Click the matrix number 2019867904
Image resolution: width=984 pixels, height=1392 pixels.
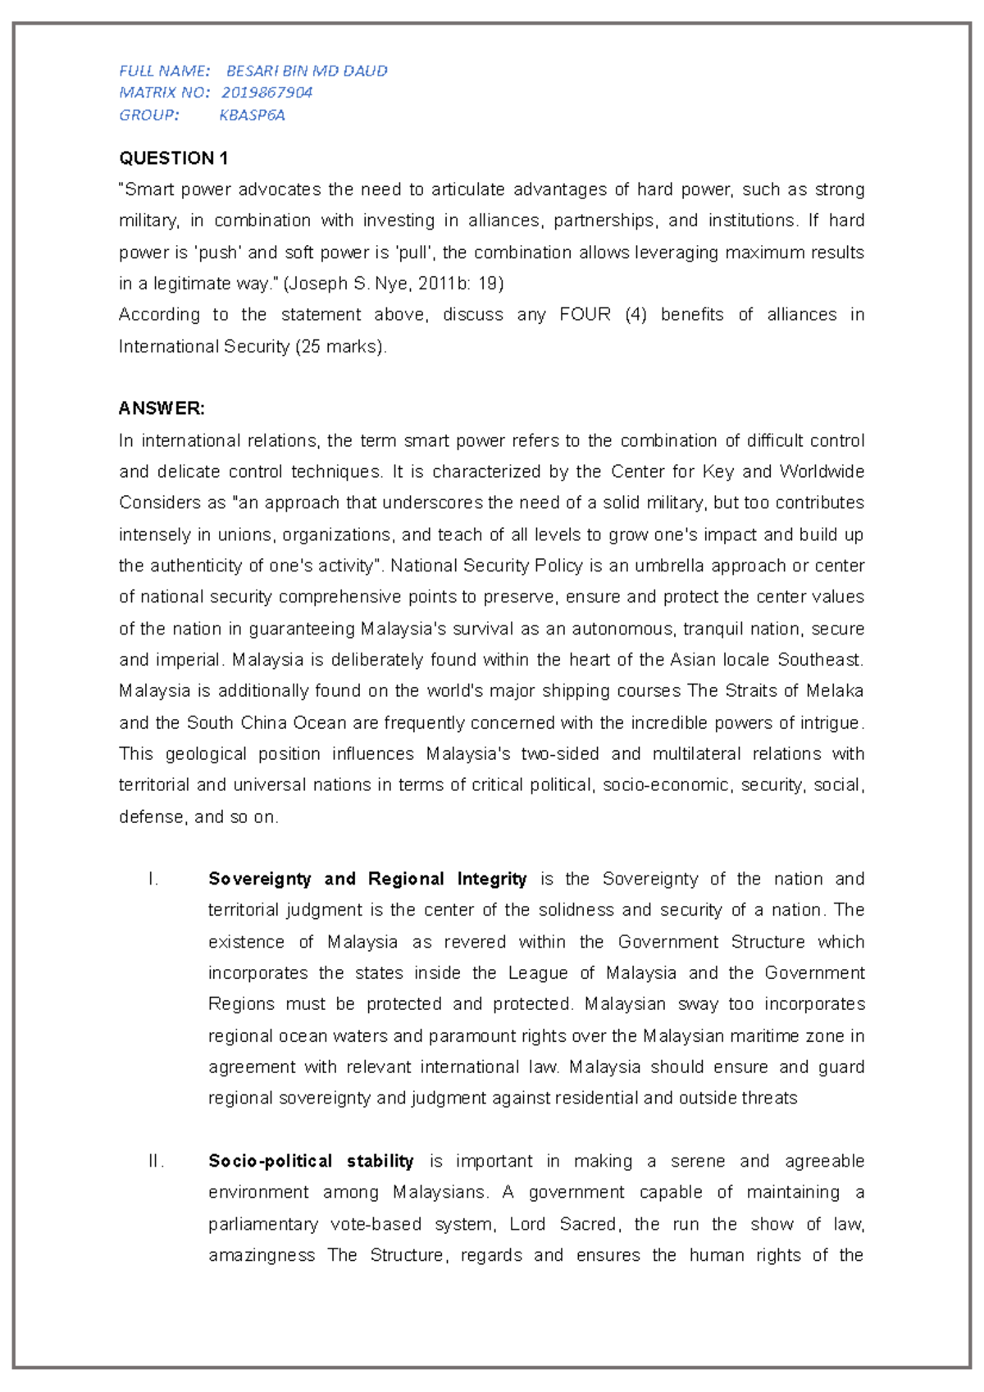coord(266,93)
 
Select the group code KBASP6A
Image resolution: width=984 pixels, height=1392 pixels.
coord(252,116)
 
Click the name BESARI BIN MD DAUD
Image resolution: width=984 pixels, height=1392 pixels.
coord(307,71)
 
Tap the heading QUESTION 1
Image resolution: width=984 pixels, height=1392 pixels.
coord(174,158)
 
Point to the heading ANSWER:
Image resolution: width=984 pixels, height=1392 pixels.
coord(162,408)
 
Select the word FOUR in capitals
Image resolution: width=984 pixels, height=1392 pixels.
coord(585,315)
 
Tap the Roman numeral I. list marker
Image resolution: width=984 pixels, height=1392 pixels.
coord(153,880)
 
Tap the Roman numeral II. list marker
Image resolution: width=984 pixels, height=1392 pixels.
coord(156,1162)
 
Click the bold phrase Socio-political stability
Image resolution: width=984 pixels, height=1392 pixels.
coord(311,1162)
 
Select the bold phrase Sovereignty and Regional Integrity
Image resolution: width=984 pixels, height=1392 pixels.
coord(367,880)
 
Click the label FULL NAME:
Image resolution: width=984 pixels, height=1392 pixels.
coord(164,71)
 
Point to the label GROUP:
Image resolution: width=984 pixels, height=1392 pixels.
coord(148,116)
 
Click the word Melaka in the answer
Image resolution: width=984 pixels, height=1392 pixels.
coord(835,691)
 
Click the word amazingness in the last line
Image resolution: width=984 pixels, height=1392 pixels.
coord(262,1256)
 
